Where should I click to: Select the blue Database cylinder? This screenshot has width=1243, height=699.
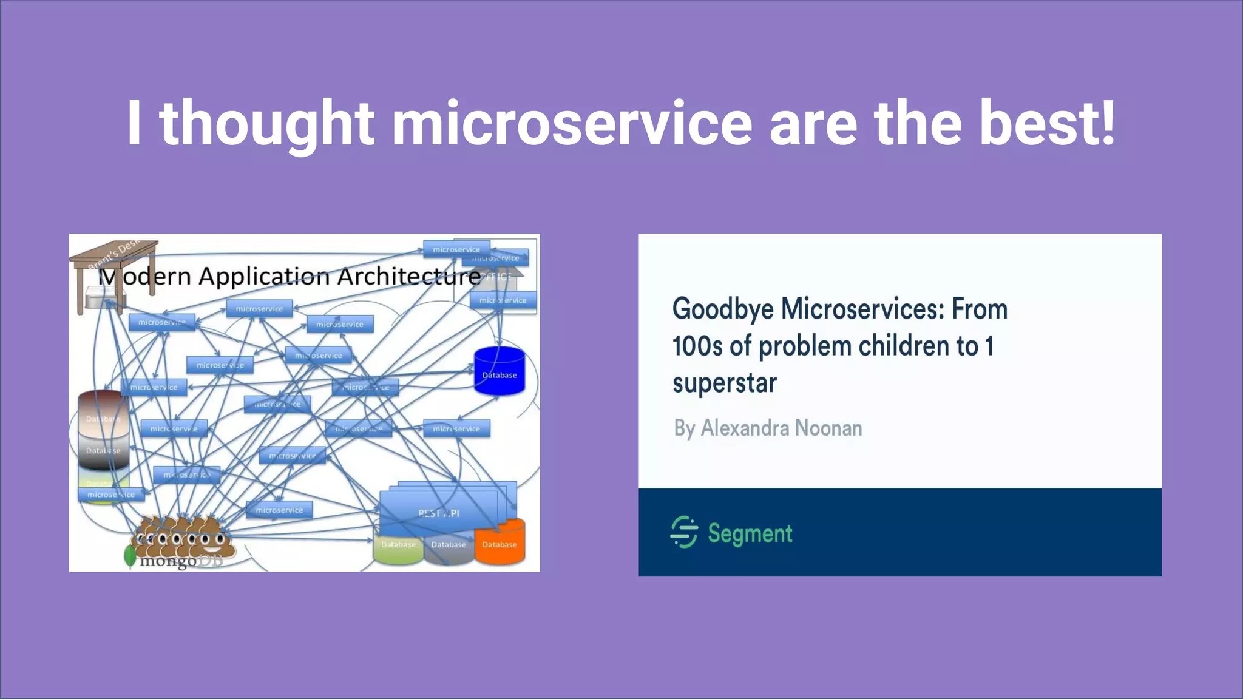click(x=499, y=371)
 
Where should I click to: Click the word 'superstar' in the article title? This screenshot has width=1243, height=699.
click(x=724, y=383)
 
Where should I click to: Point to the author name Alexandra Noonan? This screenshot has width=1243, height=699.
click(x=781, y=428)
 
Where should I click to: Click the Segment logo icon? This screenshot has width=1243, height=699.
click(x=684, y=532)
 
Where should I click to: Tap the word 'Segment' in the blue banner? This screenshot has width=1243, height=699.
click(x=750, y=533)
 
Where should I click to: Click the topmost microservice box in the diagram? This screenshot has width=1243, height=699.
click(x=456, y=249)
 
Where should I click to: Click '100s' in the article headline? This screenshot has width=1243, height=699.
click(x=697, y=346)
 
